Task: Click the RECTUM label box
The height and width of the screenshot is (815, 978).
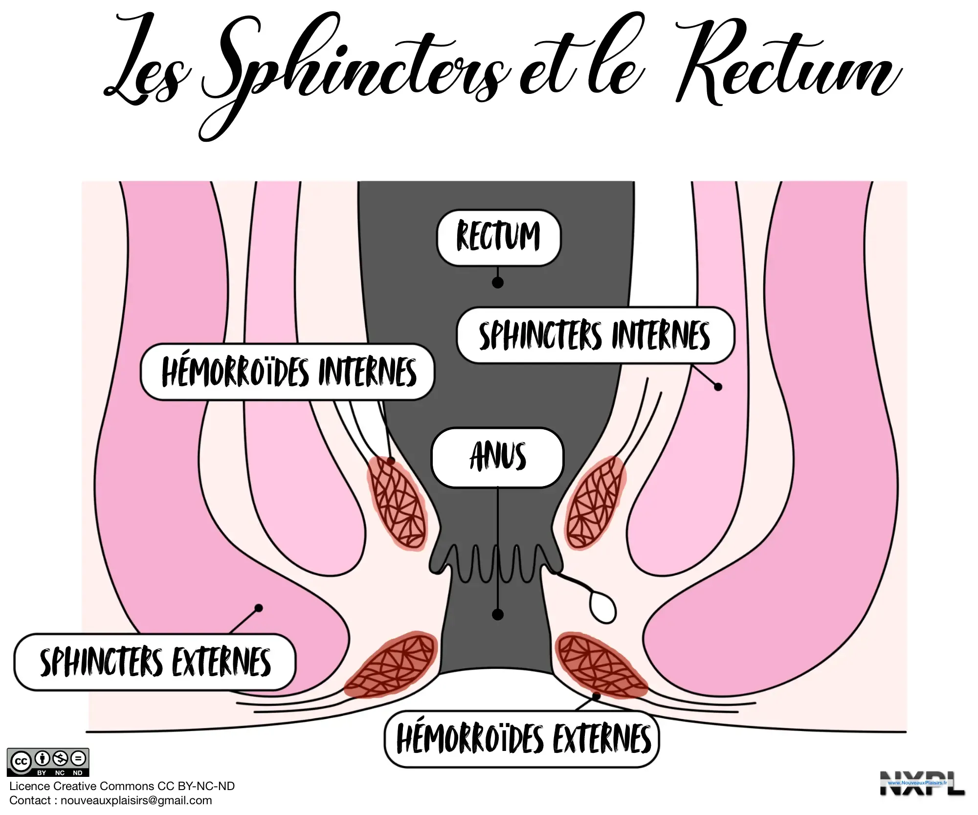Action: point(498,238)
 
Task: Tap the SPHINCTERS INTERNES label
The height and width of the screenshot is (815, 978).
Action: point(595,335)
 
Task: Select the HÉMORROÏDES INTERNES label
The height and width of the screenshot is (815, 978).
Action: point(288,372)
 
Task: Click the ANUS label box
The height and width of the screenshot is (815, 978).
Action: point(497,457)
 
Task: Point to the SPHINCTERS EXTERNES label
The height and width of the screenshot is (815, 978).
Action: point(155,662)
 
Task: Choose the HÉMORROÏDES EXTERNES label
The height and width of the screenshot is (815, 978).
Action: point(522,739)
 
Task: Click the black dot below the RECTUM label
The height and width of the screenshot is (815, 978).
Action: point(498,283)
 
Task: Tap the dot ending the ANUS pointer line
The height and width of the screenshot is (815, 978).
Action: point(498,615)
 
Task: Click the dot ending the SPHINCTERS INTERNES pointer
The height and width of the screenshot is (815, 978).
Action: point(718,387)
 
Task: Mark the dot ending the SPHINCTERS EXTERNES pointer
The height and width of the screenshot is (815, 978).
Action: point(259,608)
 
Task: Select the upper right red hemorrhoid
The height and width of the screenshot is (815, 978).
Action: point(595,503)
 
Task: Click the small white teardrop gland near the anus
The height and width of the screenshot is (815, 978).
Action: point(602,608)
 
